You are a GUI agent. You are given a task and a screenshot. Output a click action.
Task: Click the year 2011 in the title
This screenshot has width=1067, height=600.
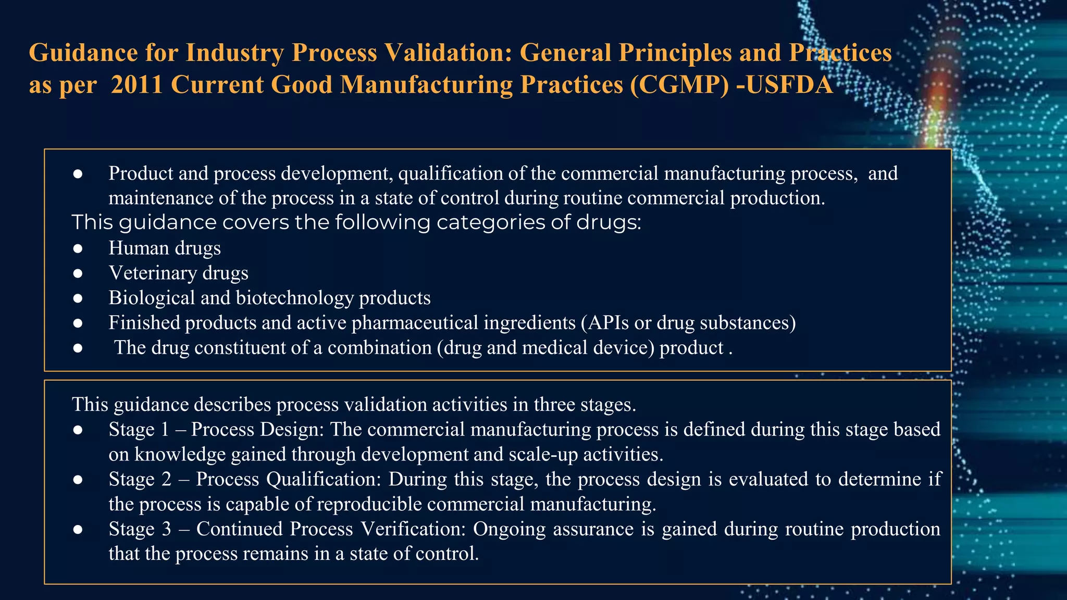point(137,84)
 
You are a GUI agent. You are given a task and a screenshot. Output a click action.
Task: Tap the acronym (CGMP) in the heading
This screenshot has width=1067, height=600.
point(679,84)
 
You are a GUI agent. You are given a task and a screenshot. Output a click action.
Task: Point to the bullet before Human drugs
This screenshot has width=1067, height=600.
point(78,248)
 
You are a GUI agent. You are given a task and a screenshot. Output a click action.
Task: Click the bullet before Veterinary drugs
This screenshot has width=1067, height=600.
point(78,273)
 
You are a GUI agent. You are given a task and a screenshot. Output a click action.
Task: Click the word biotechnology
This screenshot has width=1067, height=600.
point(295,297)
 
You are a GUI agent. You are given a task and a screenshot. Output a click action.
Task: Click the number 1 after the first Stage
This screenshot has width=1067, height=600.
point(165,429)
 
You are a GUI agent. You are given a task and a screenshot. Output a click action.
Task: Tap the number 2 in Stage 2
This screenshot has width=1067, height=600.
point(166,479)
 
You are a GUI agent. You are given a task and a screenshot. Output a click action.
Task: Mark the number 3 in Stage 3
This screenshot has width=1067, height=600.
point(166,529)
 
